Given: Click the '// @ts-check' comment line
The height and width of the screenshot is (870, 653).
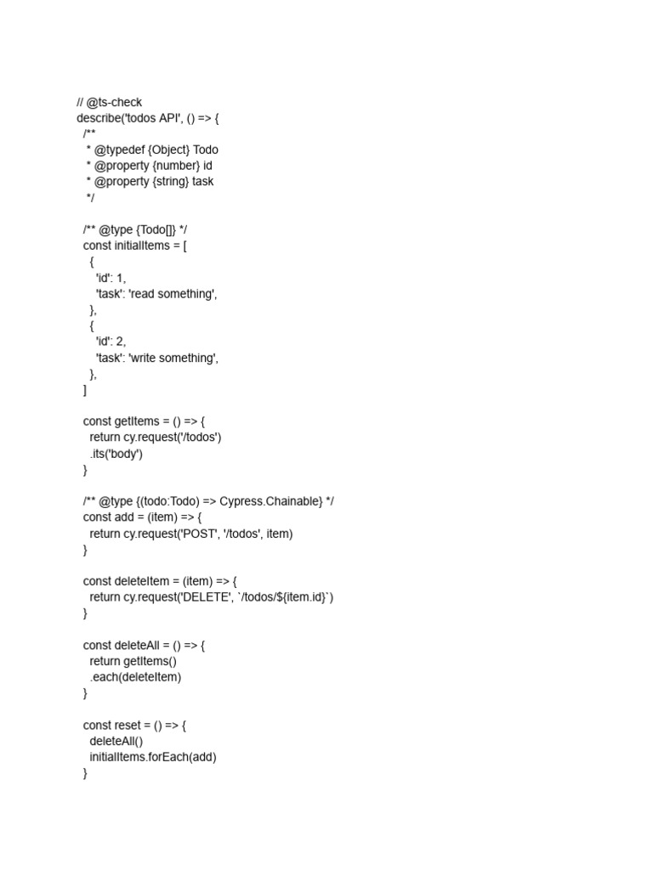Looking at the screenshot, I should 109,102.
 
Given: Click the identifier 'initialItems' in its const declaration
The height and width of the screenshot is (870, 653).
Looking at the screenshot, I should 146,246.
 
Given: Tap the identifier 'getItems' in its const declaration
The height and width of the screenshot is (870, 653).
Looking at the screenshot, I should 138,421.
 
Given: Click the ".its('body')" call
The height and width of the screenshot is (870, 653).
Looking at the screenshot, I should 116,454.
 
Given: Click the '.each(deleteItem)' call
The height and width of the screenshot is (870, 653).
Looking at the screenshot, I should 136,677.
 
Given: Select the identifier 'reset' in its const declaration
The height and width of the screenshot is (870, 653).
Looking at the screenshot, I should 131,726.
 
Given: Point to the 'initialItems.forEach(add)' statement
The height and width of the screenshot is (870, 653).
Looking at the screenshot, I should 153,757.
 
